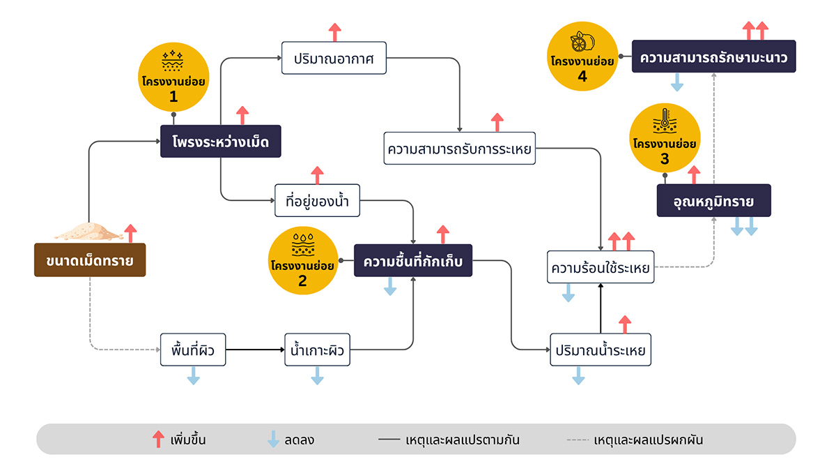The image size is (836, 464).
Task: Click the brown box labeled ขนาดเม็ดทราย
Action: [x=90, y=260]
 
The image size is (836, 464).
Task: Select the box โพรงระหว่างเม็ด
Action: [x=221, y=142]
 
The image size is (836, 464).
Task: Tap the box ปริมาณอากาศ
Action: [x=334, y=58]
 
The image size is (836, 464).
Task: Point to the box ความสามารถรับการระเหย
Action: [x=459, y=149]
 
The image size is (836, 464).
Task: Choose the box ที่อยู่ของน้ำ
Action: [x=317, y=200]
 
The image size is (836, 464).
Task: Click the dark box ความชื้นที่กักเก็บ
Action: [x=413, y=260]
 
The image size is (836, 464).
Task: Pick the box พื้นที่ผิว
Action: [x=193, y=350]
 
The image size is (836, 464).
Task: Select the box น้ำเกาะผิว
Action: [x=317, y=350]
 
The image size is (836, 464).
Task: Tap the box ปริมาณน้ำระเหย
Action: [x=601, y=350]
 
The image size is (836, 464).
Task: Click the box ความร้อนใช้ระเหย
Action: [x=601, y=267]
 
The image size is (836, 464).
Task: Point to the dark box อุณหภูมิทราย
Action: [x=714, y=200]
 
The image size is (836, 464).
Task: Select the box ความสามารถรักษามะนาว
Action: [x=714, y=56]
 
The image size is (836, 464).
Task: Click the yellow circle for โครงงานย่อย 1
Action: [x=173, y=77]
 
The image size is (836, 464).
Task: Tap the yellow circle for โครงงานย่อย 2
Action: [x=302, y=260]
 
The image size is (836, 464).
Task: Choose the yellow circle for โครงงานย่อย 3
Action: [x=665, y=138]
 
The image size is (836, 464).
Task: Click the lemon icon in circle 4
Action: [x=582, y=42]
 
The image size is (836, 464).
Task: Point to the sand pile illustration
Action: [x=89, y=232]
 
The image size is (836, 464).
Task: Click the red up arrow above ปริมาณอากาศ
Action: [x=335, y=32]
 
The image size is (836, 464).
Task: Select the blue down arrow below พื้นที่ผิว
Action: [x=194, y=376]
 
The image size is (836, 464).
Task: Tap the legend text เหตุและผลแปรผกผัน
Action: [x=649, y=440]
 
